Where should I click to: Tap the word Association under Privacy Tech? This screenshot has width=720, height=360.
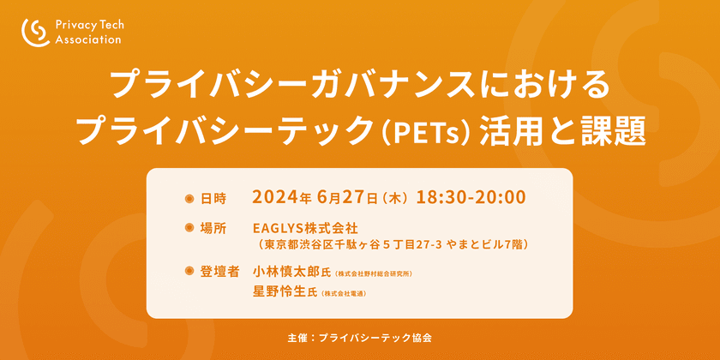click(87, 39)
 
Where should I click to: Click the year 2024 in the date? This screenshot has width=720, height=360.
click(275, 197)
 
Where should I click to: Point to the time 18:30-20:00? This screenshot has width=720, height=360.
click(471, 196)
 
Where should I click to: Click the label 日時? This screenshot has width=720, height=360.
click(213, 198)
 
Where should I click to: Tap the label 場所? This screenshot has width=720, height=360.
click(213, 229)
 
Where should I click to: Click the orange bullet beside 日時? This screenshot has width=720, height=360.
click(190, 198)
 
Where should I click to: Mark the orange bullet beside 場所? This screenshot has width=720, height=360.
click(190, 229)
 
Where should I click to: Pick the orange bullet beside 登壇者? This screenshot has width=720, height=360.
click(190, 272)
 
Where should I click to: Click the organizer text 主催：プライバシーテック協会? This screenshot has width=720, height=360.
click(360, 338)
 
